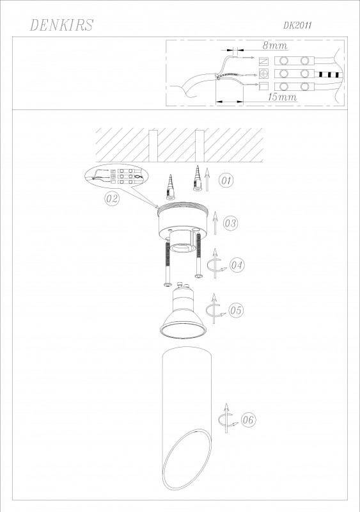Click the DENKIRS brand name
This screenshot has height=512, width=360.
tap(61, 25)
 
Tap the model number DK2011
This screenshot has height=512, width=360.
tap(297, 26)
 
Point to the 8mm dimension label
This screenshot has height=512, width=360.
tap(275, 45)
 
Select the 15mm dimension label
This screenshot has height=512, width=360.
tap(283, 97)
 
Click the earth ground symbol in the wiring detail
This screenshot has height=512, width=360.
tap(263, 74)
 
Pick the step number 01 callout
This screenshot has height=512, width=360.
tap(226, 180)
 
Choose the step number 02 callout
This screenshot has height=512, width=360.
tap(112, 198)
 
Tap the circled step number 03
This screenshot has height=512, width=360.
tap(230, 223)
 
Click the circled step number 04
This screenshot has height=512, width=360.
tap(237, 264)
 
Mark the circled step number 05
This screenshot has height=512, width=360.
tap(236, 310)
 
